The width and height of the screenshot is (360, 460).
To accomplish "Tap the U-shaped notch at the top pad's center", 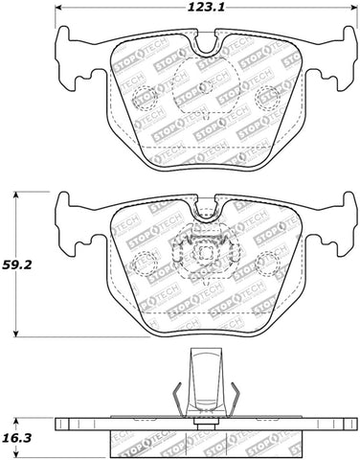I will [202, 46].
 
